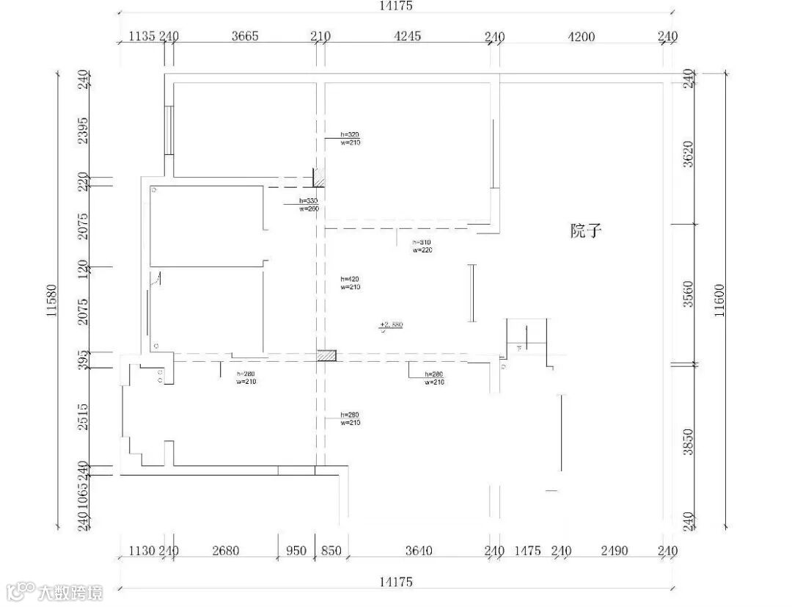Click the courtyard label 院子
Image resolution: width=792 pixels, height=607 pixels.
[x=586, y=231]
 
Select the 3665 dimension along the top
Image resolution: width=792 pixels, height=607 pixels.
[x=245, y=37]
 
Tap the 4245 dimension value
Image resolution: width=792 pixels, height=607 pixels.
[x=408, y=37]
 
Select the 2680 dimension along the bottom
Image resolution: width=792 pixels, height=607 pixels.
[x=225, y=551]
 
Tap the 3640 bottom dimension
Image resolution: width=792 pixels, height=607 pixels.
[x=418, y=551]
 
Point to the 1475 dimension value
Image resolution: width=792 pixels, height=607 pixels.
[x=527, y=551]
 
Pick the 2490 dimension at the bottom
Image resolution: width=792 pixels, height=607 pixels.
[x=614, y=551]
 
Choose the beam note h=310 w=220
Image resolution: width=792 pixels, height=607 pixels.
[x=422, y=246]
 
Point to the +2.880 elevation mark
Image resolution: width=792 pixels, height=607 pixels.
[x=392, y=324]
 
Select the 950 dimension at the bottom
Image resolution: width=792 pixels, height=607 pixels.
[x=296, y=551]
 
